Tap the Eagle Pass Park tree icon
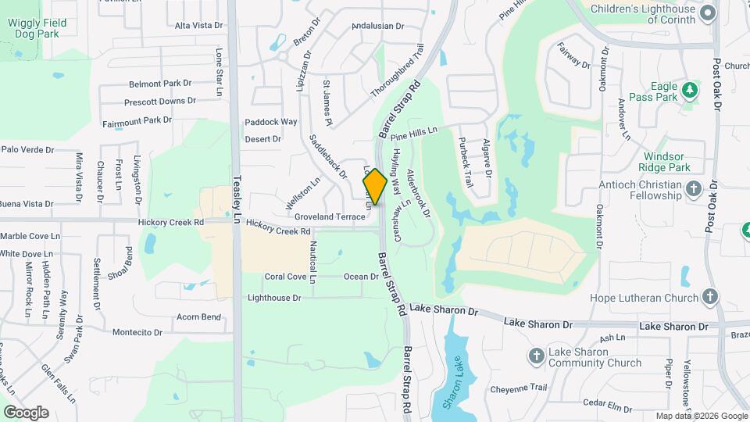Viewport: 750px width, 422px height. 690,91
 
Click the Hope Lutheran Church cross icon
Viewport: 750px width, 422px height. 709,297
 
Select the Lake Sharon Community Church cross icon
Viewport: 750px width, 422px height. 536,356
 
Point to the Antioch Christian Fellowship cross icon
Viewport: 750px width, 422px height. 693,188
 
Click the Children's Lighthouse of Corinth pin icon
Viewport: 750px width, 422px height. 708,13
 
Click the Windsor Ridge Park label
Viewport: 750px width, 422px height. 667,162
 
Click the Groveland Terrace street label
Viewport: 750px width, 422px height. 330,216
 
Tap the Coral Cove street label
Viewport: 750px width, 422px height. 285,277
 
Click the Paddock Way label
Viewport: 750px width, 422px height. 271,122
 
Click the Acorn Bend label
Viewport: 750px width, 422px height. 198,316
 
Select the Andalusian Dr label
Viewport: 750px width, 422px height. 377,26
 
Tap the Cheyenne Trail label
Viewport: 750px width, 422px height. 518,388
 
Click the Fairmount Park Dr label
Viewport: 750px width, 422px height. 137,120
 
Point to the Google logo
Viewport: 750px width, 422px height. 26,412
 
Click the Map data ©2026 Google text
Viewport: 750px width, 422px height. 701,416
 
